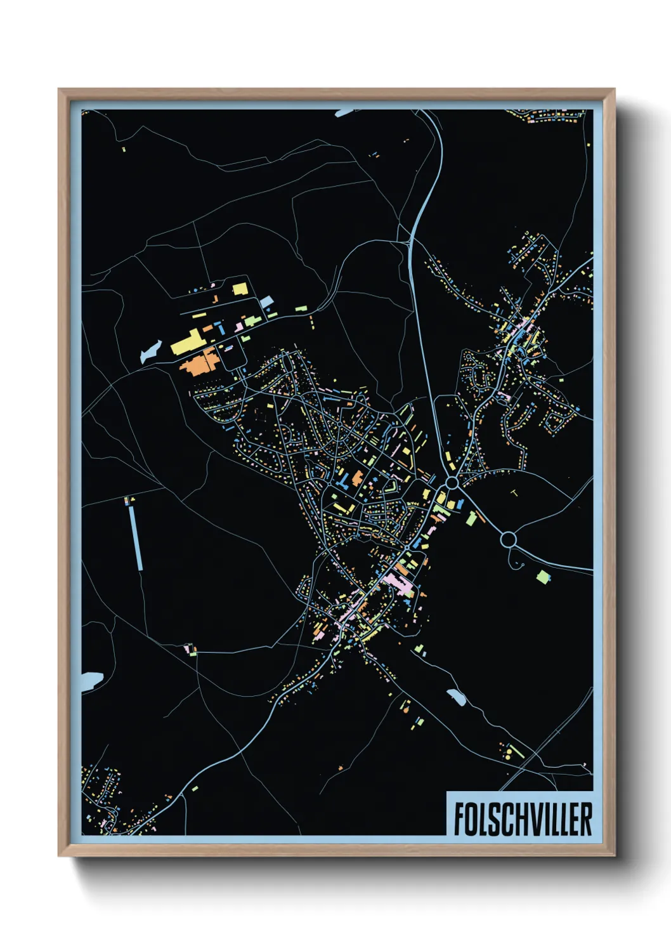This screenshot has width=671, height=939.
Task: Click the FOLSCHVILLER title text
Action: [523, 819]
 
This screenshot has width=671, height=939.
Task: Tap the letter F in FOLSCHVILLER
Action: [459, 819]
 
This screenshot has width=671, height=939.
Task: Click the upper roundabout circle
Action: [452, 483]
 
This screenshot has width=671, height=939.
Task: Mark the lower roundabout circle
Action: [508, 540]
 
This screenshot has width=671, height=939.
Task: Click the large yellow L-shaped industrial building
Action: [186, 342]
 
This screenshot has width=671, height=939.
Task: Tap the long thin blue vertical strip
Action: [136, 537]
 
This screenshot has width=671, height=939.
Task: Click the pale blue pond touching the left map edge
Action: [91, 680]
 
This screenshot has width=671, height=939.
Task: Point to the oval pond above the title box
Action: [456, 697]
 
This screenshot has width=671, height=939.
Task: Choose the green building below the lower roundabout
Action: [543, 577]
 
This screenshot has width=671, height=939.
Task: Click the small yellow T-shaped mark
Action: [514, 492]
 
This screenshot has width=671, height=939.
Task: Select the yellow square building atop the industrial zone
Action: [240, 289]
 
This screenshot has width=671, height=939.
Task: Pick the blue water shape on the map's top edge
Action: [346, 112]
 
